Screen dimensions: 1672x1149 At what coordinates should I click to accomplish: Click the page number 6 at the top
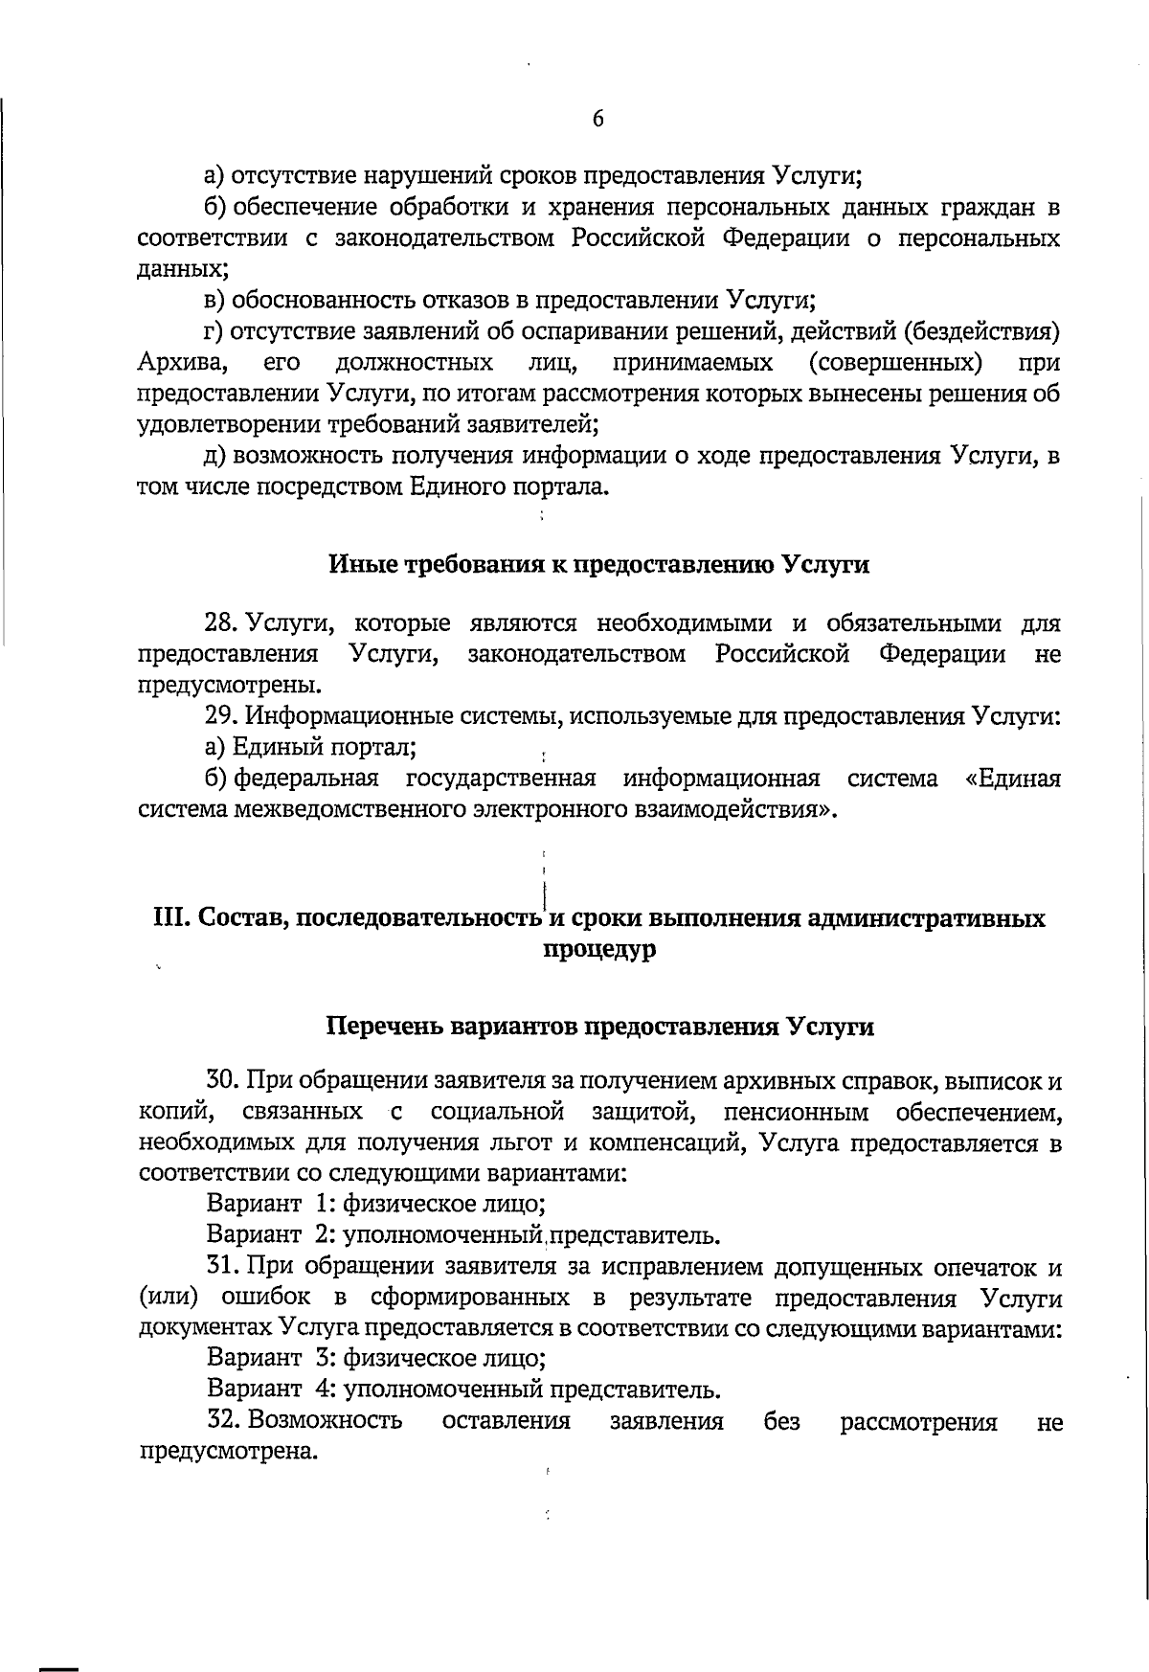[x=598, y=119]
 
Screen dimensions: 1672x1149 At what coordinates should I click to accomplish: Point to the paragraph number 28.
[x=220, y=623]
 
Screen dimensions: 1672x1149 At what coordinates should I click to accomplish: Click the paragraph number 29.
[x=220, y=716]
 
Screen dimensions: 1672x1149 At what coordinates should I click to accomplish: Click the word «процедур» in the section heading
[x=599, y=951]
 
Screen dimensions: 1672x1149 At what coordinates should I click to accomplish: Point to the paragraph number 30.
[x=221, y=1081]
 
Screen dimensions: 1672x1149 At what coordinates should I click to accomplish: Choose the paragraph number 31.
[x=221, y=1266]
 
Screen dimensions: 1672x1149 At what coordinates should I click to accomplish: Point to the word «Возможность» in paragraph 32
[x=325, y=1420]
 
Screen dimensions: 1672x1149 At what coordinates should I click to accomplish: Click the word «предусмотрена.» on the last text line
[x=228, y=1452]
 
